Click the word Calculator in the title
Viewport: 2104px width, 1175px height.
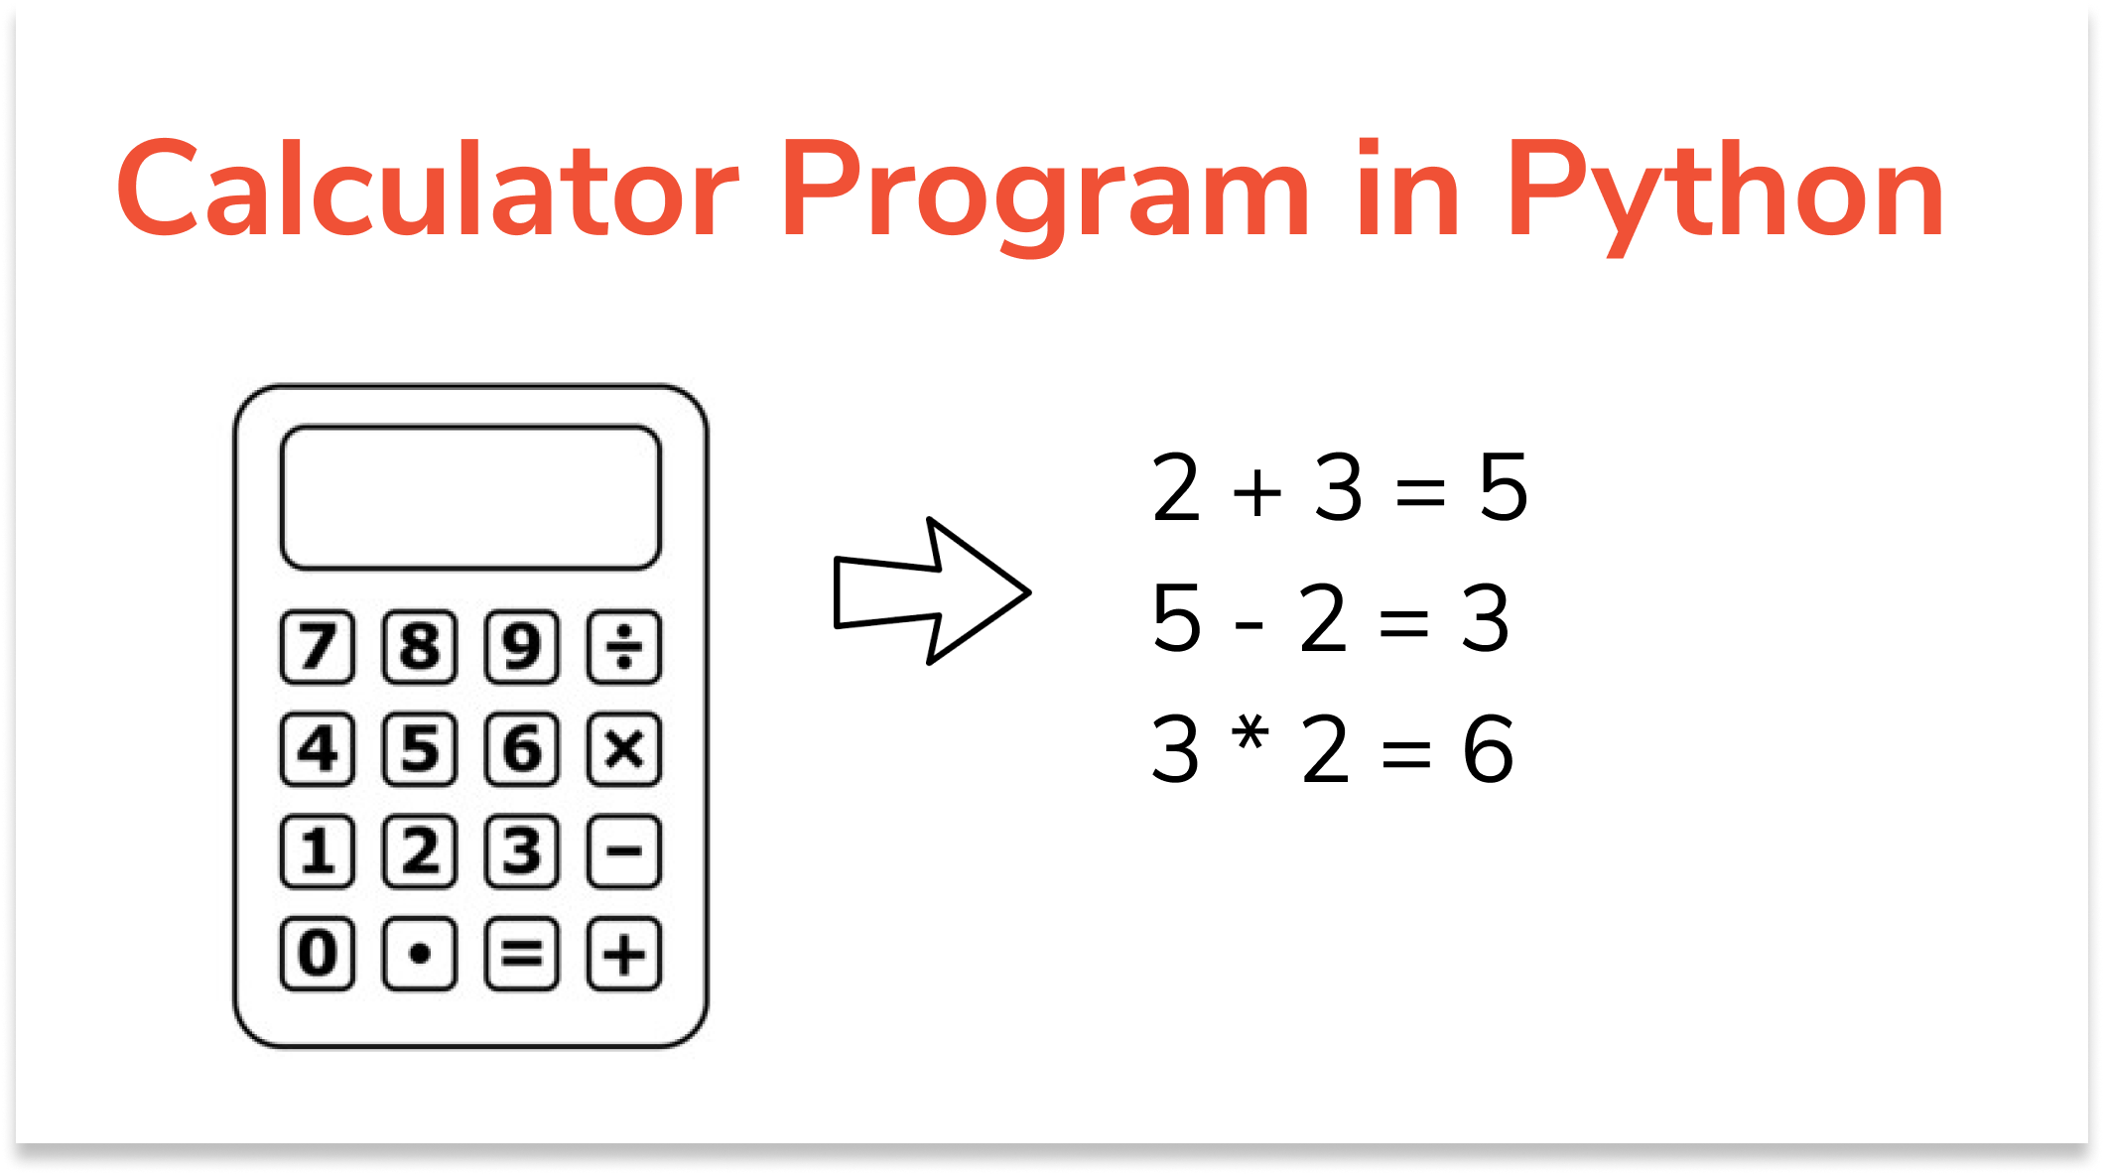point(428,191)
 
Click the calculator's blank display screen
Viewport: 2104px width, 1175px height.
point(470,497)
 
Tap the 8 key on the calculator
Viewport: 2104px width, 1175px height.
point(420,647)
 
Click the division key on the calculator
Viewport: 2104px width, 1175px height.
point(623,647)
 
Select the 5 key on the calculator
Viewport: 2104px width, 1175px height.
point(420,749)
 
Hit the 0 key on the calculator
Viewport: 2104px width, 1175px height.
point(318,954)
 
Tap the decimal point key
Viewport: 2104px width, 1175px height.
point(420,954)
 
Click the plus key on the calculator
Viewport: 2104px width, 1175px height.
point(623,954)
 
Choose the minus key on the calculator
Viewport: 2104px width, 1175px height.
point(623,851)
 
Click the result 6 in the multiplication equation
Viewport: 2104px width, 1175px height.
point(1488,749)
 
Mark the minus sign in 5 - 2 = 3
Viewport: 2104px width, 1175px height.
point(1249,624)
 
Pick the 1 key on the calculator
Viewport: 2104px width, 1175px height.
point(318,851)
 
